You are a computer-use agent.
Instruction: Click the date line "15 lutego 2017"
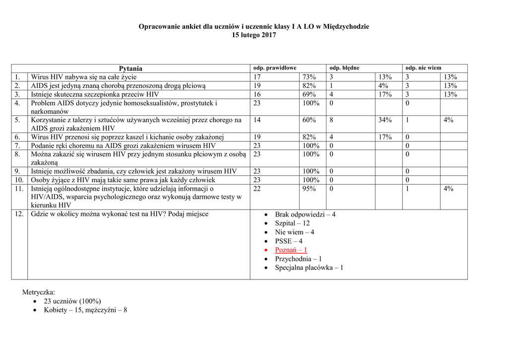254,35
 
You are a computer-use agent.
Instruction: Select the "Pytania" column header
130,69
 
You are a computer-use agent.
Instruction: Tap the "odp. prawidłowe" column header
275,68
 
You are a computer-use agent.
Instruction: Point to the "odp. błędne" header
344,68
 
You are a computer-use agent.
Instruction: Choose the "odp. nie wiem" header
423,68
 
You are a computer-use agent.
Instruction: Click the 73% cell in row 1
309,77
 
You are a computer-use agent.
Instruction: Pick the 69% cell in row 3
309,94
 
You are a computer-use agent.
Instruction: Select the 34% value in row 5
385,120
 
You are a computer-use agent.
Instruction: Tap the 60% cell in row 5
309,120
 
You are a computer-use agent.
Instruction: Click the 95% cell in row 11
309,189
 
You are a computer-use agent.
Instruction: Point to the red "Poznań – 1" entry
291,250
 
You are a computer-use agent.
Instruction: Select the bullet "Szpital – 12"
292,223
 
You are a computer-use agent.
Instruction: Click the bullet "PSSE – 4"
288,241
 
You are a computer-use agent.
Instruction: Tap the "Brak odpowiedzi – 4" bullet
305,215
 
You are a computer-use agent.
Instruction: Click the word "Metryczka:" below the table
39,292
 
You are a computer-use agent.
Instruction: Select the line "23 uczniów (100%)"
72,301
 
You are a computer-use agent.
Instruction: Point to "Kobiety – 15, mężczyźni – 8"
85,310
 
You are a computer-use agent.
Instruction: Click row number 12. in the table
19,214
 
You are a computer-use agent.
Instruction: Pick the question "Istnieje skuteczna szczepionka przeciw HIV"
95,94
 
